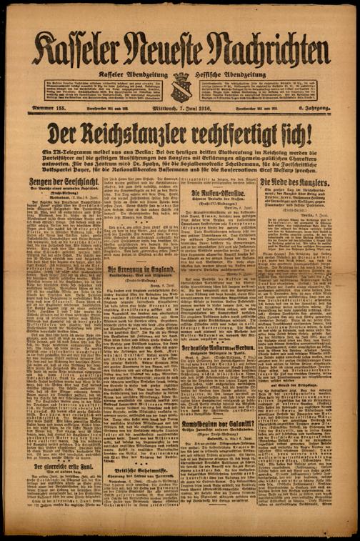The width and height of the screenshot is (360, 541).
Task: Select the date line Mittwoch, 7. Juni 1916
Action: pyautogui.click(x=179, y=108)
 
